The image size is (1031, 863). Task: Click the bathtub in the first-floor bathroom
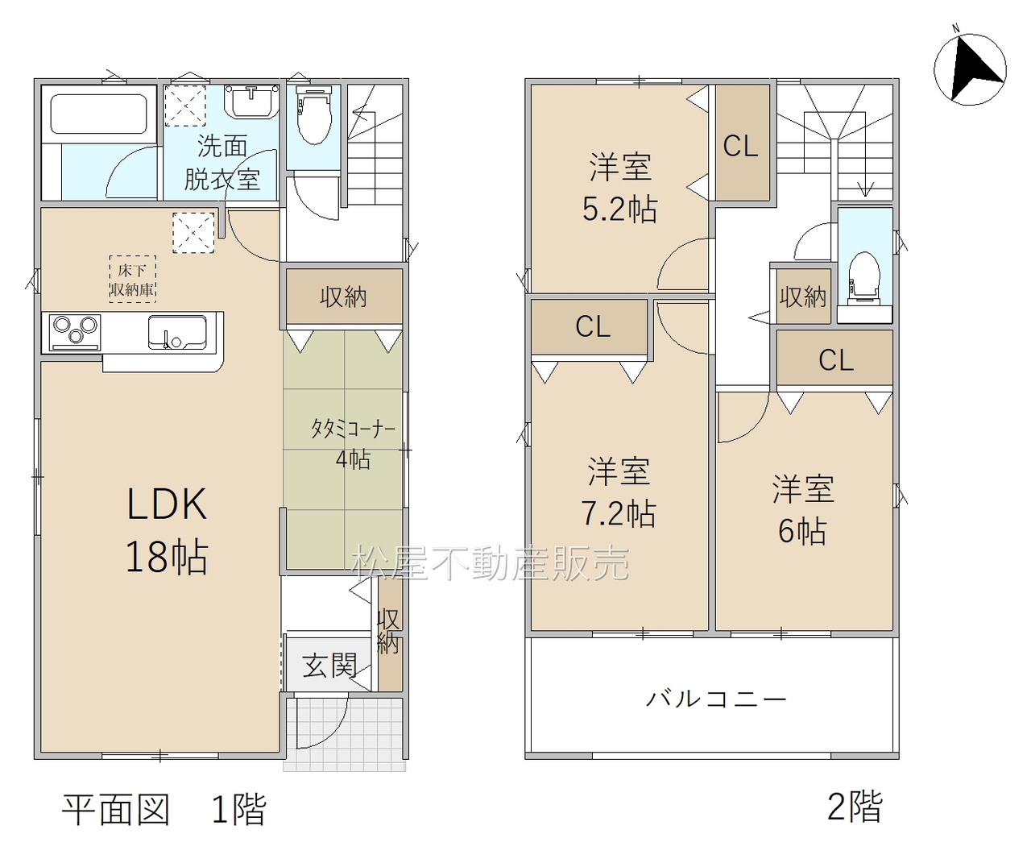click(x=99, y=114)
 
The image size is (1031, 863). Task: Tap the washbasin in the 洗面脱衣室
click(x=252, y=102)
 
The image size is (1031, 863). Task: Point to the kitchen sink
click(x=177, y=332)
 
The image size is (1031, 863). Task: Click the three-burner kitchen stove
click(x=75, y=332)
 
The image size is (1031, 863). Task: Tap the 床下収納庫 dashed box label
click(x=132, y=279)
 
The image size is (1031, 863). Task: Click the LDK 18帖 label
click(x=167, y=530)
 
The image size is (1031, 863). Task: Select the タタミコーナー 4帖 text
click(x=353, y=444)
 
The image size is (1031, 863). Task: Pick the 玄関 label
click(x=329, y=666)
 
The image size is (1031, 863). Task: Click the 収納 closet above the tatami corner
click(x=344, y=297)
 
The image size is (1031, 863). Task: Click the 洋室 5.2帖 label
click(x=619, y=188)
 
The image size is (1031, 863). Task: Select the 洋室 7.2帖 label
click(x=619, y=492)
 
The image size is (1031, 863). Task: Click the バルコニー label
click(x=716, y=699)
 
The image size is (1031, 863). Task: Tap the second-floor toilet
click(x=864, y=280)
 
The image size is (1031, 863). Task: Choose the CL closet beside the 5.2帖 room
click(x=742, y=143)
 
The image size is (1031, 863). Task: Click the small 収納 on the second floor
click(x=803, y=296)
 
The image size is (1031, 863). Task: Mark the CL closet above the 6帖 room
click(x=834, y=358)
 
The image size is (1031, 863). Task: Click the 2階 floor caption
click(x=855, y=807)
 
